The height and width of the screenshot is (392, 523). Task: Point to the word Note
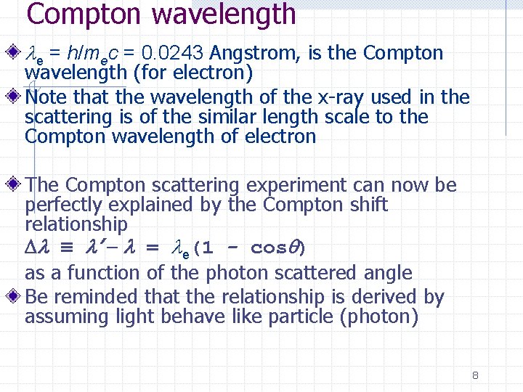(x=46, y=97)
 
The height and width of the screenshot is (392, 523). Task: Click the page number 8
(x=474, y=375)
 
